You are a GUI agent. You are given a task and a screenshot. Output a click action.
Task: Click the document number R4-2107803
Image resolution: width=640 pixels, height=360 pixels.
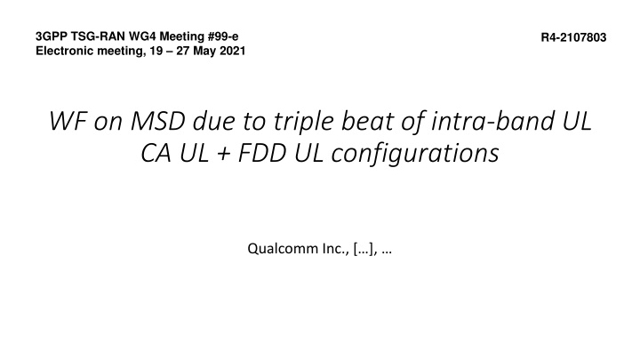(x=573, y=37)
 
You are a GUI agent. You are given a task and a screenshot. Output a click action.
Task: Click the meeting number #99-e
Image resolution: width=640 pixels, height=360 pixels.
(x=223, y=36)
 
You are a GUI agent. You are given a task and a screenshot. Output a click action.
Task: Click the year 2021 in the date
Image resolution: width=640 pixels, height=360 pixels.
(x=233, y=51)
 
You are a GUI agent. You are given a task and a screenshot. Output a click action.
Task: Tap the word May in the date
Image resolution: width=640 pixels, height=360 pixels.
(x=205, y=51)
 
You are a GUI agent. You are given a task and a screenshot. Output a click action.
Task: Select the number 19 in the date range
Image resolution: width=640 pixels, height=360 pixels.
(x=162, y=51)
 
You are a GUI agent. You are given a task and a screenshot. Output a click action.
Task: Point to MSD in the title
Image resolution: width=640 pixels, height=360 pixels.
(x=157, y=121)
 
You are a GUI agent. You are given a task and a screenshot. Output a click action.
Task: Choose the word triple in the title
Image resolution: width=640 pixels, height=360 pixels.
(x=304, y=122)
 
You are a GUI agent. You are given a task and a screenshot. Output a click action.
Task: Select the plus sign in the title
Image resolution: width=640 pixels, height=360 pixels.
(x=223, y=155)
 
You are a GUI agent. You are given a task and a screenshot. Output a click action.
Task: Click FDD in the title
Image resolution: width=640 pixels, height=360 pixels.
(x=261, y=153)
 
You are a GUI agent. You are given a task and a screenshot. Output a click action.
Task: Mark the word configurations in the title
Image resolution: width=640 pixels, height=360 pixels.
(x=415, y=154)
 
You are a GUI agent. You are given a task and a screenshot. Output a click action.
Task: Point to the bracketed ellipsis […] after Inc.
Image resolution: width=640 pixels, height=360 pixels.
(x=364, y=249)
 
